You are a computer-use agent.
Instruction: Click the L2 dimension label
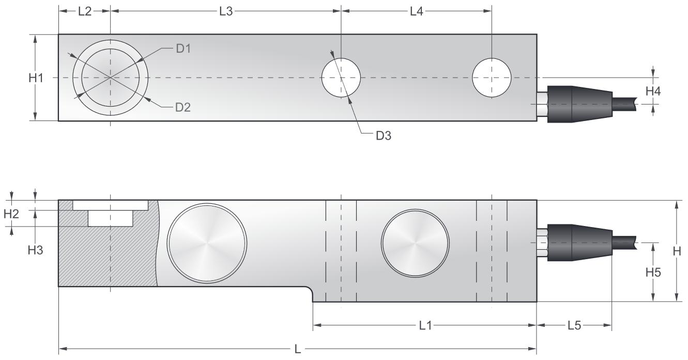[x=85, y=11]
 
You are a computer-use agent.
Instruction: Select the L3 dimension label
[x=226, y=11]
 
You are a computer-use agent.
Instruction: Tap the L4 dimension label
[x=417, y=11]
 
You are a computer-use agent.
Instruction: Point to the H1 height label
[x=36, y=78]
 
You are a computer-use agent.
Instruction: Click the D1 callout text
[x=184, y=49]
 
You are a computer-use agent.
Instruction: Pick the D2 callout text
[x=183, y=107]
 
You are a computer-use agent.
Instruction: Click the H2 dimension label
[x=11, y=214]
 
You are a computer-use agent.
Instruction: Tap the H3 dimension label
[x=35, y=250]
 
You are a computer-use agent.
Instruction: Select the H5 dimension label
[x=653, y=272]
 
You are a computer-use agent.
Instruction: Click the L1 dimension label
[x=425, y=325]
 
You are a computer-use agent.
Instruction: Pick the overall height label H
[x=676, y=251]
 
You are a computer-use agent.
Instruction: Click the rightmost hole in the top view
[x=492, y=78]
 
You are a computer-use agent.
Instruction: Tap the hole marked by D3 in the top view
[x=341, y=78]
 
